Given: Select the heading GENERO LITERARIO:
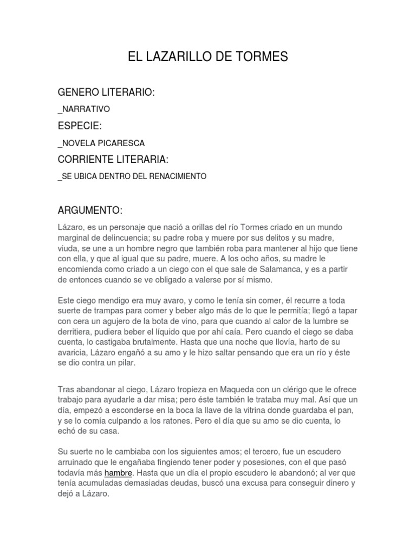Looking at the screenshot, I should click(106, 93).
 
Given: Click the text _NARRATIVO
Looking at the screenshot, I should click(83, 109).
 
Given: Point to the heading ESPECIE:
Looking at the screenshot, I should click(80, 126).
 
